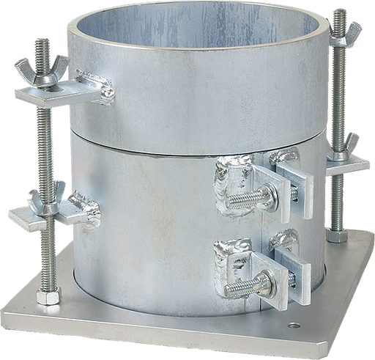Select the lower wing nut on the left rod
(46, 202)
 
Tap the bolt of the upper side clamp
(245, 196)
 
